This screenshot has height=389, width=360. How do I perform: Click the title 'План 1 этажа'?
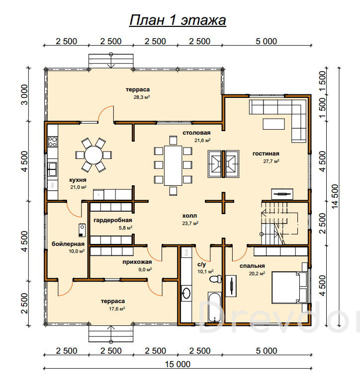click(x=178, y=20)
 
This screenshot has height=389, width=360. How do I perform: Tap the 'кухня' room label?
click(x=78, y=180)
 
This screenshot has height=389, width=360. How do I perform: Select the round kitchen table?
click(x=93, y=155)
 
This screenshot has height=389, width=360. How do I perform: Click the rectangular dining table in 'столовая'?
click(x=173, y=165)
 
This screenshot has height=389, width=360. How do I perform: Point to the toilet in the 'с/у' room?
click(x=215, y=279)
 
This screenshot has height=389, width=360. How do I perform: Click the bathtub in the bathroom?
click(x=214, y=307)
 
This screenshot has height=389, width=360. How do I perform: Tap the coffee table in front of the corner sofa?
click(x=274, y=124)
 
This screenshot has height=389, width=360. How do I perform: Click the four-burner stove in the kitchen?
click(x=52, y=142)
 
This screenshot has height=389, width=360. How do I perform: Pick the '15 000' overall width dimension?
click(x=178, y=364)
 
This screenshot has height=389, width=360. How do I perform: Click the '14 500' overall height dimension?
click(x=335, y=196)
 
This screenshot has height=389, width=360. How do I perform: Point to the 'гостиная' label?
click(x=266, y=154)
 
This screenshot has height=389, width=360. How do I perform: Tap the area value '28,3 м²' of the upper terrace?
click(x=142, y=97)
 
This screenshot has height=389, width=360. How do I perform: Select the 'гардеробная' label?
click(x=113, y=220)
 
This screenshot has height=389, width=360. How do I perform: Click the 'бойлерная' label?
click(x=68, y=244)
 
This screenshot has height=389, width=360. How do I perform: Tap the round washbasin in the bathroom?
click(x=186, y=293)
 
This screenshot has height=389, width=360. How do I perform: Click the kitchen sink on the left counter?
click(x=52, y=169)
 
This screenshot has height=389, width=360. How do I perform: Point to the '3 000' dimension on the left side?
click(x=24, y=94)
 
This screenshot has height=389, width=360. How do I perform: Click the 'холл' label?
click(x=189, y=216)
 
